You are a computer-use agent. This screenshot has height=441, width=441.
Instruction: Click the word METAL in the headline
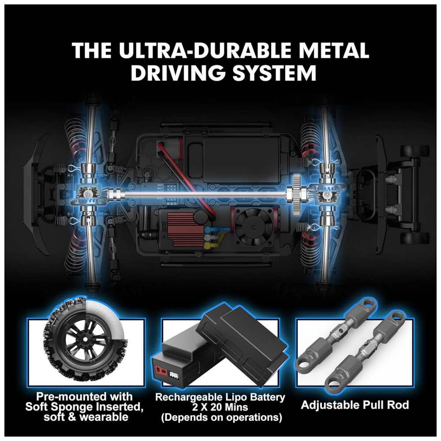click(x=333, y=50)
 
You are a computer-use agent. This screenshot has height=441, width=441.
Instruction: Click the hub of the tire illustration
click(x=84, y=340)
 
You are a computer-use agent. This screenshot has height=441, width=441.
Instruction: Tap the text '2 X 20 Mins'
click(x=220, y=407)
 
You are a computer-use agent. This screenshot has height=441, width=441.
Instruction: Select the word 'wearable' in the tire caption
click(x=104, y=417)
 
